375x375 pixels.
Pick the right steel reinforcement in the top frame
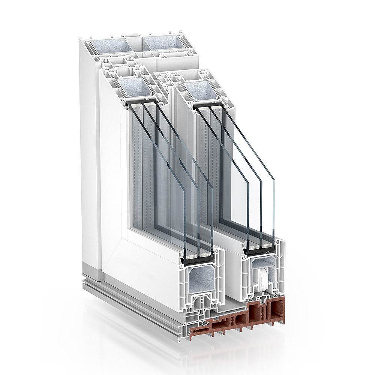pos(164,42)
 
